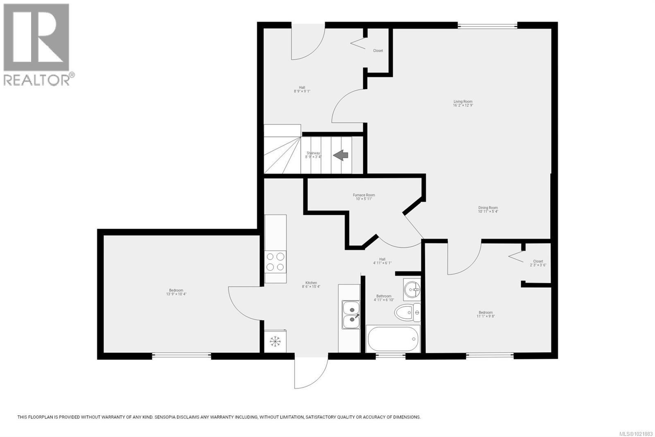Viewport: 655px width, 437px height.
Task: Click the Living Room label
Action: [x=463, y=103]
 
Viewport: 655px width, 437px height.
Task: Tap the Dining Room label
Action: [x=488, y=209]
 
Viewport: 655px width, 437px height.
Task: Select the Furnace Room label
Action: [x=364, y=197]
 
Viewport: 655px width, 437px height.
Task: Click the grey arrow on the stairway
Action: [x=340, y=155]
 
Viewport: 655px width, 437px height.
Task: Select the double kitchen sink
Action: [x=351, y=314]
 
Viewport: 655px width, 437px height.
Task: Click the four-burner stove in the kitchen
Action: [x=275, y=262]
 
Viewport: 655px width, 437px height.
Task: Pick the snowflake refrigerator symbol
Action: [x=275, y=341]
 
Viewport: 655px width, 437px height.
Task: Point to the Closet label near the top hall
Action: [x=378, y=51]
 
